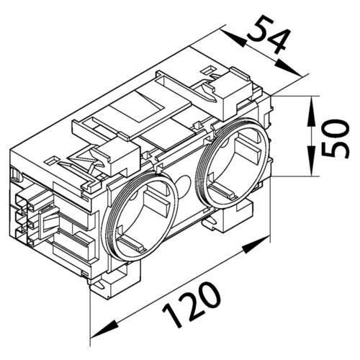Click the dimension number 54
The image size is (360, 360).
click(x=269, y=34)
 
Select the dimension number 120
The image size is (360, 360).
click(x=192, y=305)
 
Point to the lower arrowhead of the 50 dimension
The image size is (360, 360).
click(x=311, y=161)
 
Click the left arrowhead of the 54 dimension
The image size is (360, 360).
click(x=234, y=38)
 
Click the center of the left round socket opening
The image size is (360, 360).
click(x=140, y=218)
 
